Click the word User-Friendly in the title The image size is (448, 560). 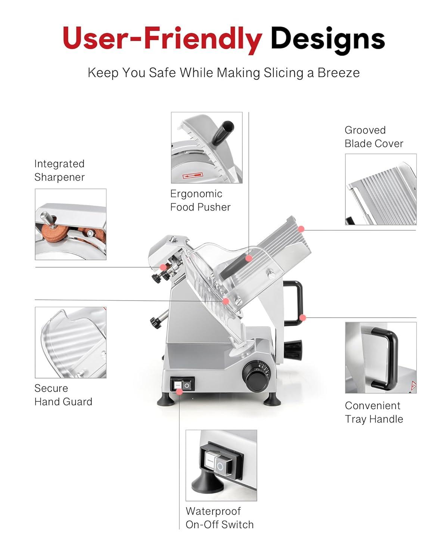point(162,39)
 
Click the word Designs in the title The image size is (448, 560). point(327,39)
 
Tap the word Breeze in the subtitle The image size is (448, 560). point(338,72)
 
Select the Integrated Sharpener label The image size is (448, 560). point(59,170)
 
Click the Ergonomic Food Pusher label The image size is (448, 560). point(200,200)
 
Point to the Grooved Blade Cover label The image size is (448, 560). point(374,137)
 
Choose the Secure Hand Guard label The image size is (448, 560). point(63,395)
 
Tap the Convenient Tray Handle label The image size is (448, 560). point(374,412)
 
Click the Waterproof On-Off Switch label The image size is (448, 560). point(219,518)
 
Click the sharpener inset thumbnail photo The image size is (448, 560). point(71,224)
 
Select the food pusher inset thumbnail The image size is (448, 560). point(206,148)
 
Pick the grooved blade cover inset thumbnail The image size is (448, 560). point(380,189)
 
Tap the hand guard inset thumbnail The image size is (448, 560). point(71,342)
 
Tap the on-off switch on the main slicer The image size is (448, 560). point(183,384)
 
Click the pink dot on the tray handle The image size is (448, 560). point(303,318)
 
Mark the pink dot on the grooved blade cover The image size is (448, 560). point(301,229)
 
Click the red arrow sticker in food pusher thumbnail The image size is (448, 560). point(193,175)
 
